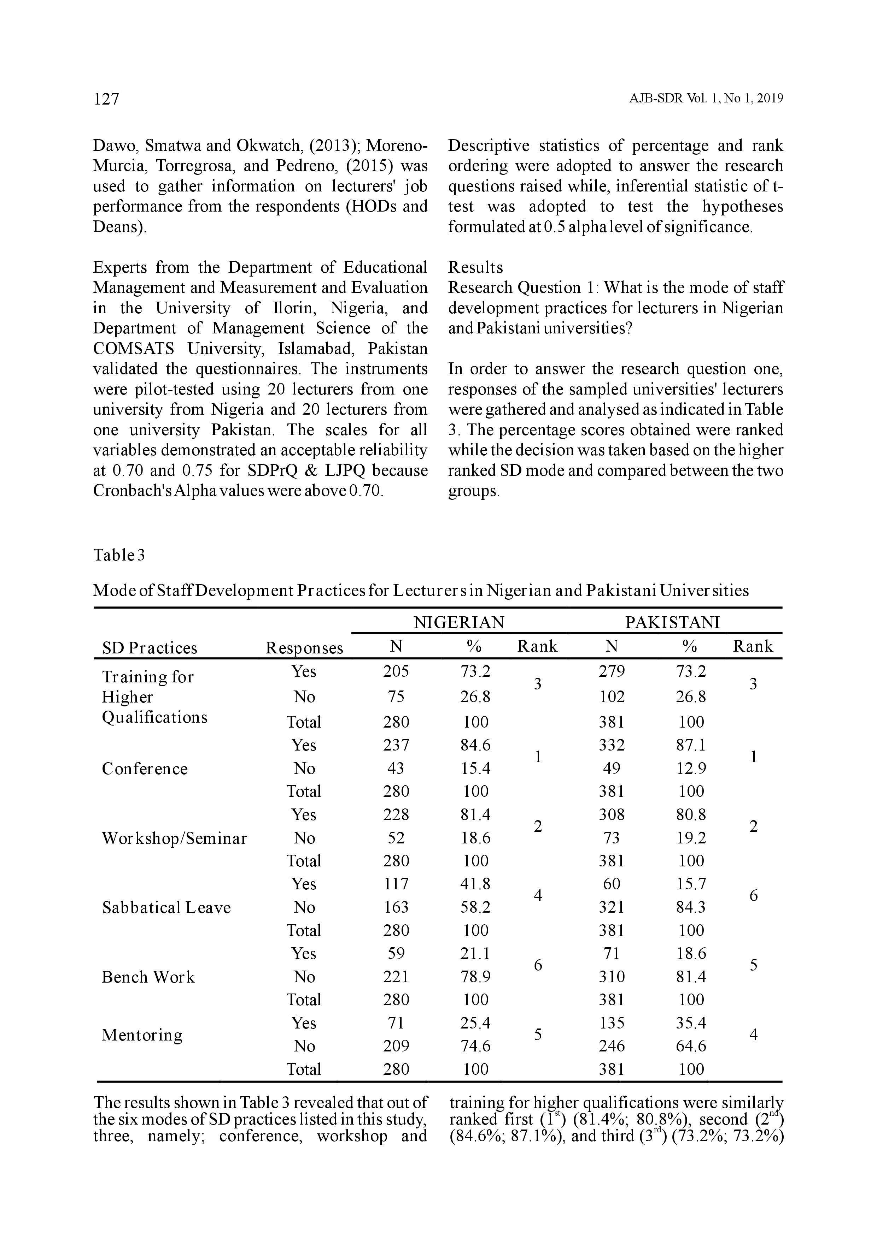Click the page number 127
[106, 99]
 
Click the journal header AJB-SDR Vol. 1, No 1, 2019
[706, 99]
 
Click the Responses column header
[304, 647]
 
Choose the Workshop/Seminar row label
[174, 838]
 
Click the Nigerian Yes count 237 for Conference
[396, 745]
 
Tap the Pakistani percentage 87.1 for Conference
[691, 745]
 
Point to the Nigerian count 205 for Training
[396, 671]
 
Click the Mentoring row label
[142, 1035]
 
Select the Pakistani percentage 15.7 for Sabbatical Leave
[691, 884]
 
